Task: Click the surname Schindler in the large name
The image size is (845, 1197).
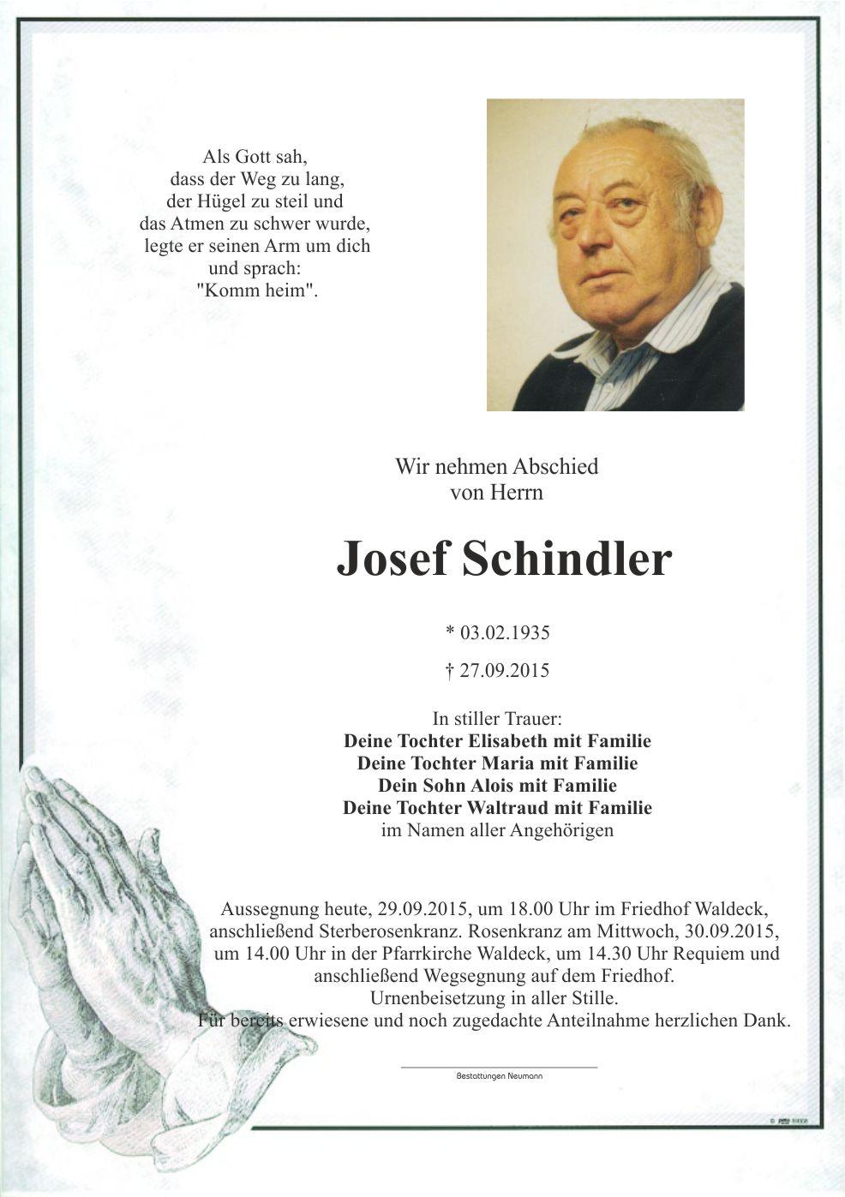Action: tap(566, 560)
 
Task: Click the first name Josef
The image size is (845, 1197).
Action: tap(393, 560)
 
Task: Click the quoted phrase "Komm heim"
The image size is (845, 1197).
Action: tap(257, 290)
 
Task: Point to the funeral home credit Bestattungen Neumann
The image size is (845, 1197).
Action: tap(499, 1075)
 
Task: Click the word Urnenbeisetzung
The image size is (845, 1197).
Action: tap(436, 998)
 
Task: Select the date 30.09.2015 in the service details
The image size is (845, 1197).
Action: tap(731, 931)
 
